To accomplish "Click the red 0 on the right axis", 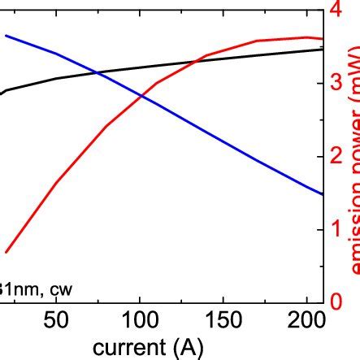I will (x=335, y=301).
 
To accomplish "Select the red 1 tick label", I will (x=335, y=228).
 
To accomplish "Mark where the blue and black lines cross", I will (x=98, y=73).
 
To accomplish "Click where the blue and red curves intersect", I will (x=141, y=96).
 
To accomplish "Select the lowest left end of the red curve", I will (x=7, y=252).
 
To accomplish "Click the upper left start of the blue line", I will (x=7, y=35).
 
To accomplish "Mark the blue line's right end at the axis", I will (x=323, y=194).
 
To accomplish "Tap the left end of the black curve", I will (x=2, y=93).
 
